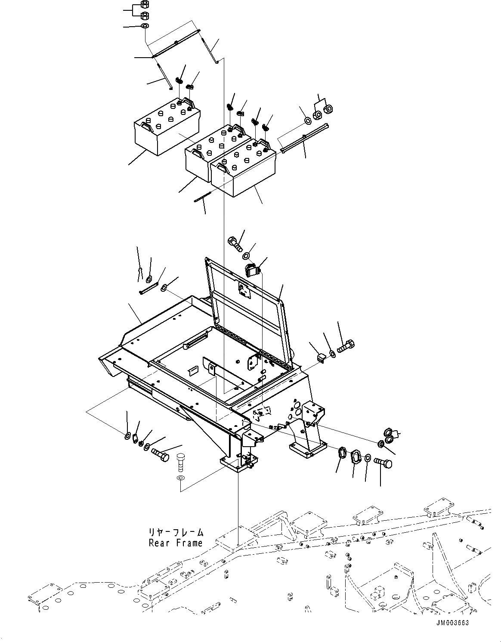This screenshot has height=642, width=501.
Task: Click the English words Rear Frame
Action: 176,543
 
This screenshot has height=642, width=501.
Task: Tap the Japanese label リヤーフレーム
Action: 176,533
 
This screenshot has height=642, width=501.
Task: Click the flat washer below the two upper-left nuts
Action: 145,27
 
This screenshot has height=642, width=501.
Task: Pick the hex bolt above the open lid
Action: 234,243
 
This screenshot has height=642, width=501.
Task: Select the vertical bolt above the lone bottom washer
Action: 181,463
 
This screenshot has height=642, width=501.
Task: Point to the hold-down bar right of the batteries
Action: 304,138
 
